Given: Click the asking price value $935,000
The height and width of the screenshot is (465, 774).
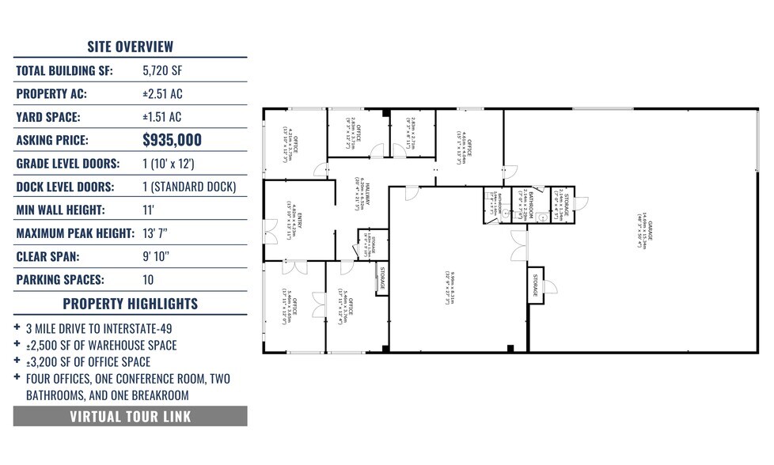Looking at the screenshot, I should (172, 141).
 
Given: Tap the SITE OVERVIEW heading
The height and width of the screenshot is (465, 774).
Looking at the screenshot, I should (130, 47).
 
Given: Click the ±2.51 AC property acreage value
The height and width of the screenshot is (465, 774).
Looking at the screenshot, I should (162, 94).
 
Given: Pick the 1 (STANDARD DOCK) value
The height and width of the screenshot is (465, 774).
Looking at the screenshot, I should (189, 187).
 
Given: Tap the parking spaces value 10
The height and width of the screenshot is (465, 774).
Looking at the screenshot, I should (148, 280).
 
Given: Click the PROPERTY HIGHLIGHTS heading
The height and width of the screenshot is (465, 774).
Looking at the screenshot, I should (130, 304).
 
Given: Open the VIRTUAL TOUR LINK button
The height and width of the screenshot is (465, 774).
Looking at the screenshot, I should (130, 417).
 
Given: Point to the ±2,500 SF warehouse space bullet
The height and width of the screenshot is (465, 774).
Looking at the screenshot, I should (101, 346).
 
